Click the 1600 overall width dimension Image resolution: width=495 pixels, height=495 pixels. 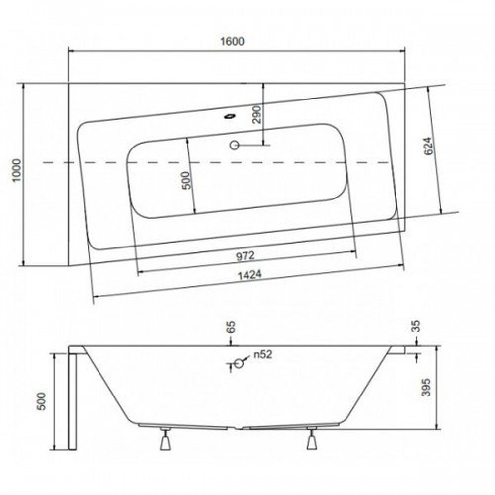(x=235, y=42)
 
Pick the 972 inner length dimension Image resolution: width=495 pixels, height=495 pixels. (x=245, y=256)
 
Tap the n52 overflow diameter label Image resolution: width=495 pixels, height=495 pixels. (x=263, y=354)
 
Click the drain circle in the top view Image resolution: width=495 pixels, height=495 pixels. (x=234, y=145)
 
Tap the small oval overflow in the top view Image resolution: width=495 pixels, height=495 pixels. (x=229, y=117)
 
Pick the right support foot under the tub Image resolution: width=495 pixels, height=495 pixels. (x=311, y=439)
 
